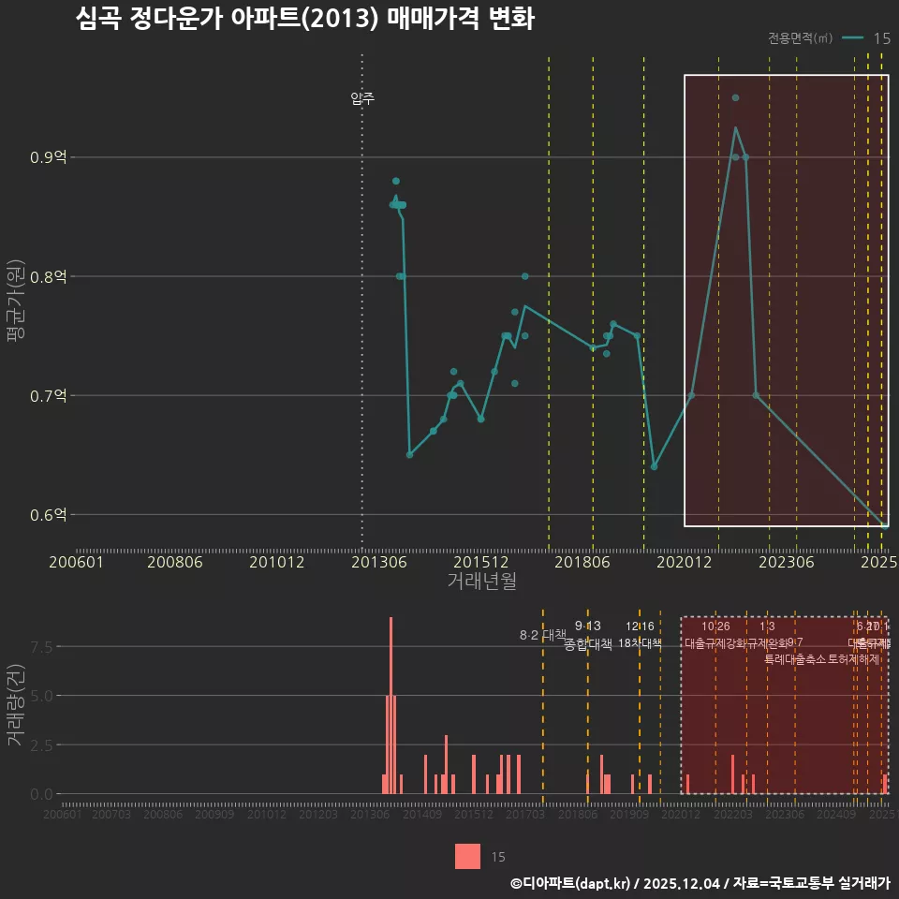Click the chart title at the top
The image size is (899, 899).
coord(304,20)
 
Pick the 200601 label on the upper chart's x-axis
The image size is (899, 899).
coord(76,562)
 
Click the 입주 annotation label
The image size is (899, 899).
coord(362,98)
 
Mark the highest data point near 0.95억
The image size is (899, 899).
coord(735,97)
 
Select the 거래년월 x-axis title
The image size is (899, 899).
coord(481,582)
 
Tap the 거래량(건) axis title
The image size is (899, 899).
coord(15,705)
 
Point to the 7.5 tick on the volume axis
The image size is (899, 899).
coord(42,646)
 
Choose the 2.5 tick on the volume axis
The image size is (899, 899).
coord(42,744)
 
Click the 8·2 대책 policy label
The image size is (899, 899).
coord(543,635)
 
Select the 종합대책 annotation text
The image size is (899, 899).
coord(588,644)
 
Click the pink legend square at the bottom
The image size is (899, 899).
coord(468,856)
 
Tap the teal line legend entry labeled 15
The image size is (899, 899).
coord(865,38)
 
